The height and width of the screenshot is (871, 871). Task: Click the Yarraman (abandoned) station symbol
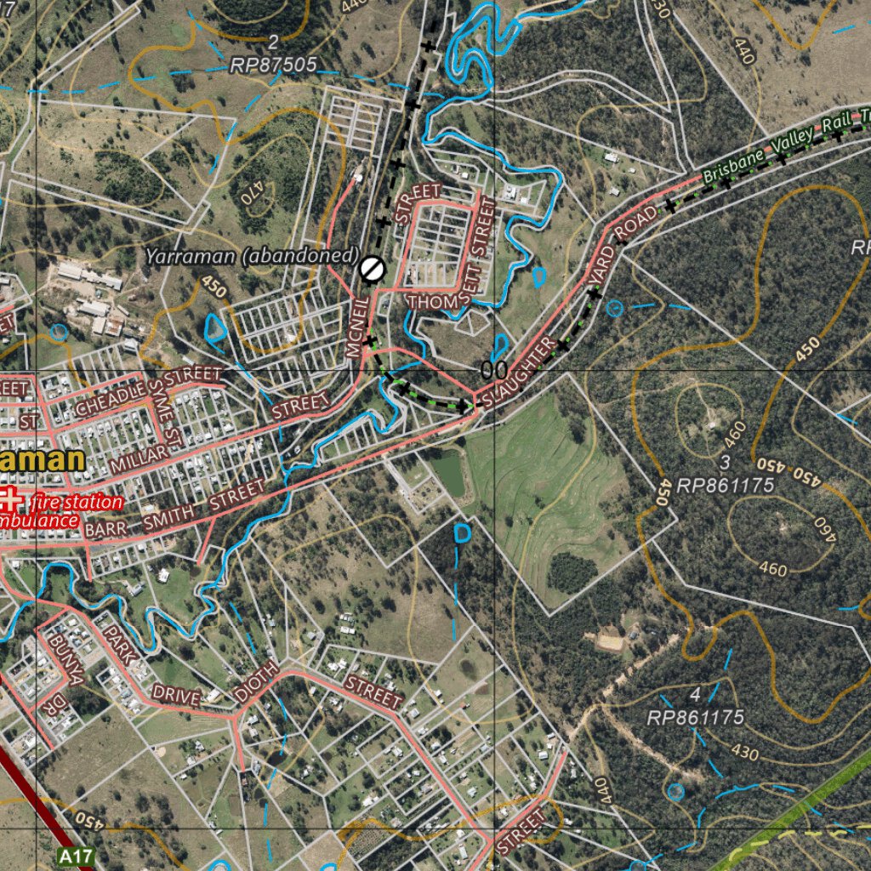point(373,269)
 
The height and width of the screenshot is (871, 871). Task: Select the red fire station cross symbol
point(9,501)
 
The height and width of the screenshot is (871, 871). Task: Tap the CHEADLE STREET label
point(148,391)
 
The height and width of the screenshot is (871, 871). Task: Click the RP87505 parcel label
point(274,65)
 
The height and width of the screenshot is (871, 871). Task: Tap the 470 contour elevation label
point(253,193)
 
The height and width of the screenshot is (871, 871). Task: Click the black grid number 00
point(494,371)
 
